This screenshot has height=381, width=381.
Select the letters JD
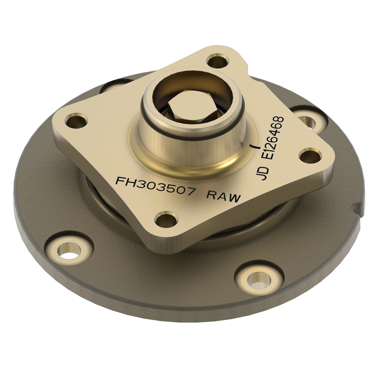tap(264, 173)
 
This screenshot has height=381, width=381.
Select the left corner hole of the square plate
tap(76, 121)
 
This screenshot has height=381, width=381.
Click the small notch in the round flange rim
tap(357, 209)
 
